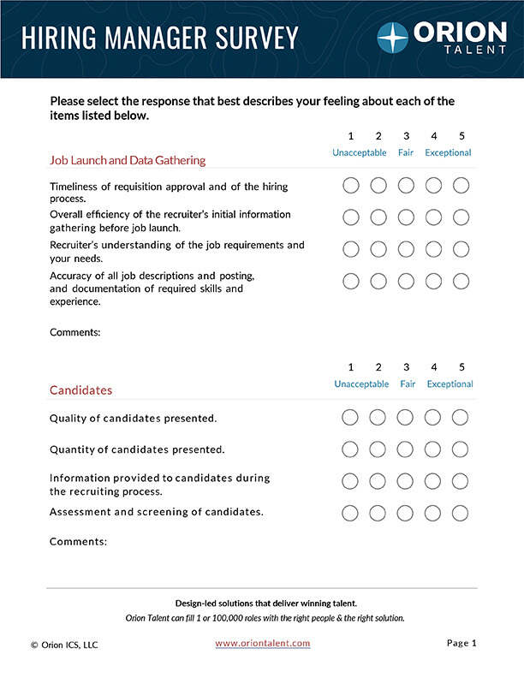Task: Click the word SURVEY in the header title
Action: (x=253, y=38)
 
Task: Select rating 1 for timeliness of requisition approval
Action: (x=350, y=185)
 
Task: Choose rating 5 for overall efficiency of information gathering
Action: (x=461, y=217)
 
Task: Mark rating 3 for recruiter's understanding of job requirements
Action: (x=406, y=249)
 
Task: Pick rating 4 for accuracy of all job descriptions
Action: (x=433, y=281)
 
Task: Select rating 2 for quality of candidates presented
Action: (x=378, y=418)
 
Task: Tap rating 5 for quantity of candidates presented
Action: (x=460, y=449)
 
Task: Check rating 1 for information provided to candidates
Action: (x=350, y=481)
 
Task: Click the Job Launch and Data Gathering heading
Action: (x=128, y=160)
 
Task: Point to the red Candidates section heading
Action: (x=80, y=390)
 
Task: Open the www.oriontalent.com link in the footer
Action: (x=263, y=643)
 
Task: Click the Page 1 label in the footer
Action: (x=461, y=643)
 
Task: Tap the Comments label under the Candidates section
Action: (x=78, y=541)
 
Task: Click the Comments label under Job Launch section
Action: (x=75, y=331)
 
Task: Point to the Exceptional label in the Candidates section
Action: (x=450, y=384)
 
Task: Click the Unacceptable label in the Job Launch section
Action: (x=360, y=153)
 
